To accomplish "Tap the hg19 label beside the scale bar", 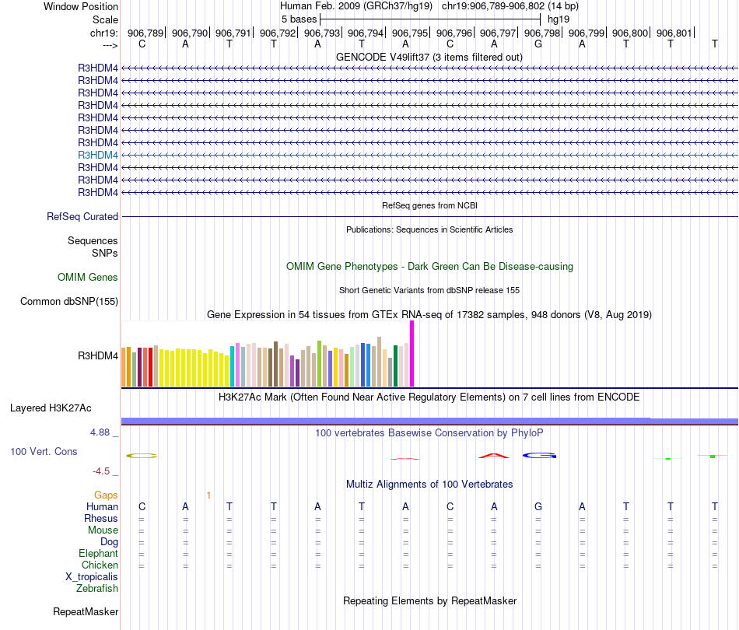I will click(x=559, y=18).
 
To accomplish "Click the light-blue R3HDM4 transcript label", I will click(x=98, y=155).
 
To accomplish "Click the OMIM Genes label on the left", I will click(x=88, y=277).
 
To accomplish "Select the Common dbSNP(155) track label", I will click(x=69, y=302).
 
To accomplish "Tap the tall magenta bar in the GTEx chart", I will click(x=412, y=353).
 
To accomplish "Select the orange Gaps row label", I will click(x=106, y=495).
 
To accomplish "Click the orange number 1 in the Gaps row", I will click(x=208, y=495).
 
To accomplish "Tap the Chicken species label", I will click(x=100, y=565).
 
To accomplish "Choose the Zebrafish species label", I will click(x=97, y=589).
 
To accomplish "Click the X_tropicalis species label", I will click(x=92, y=577).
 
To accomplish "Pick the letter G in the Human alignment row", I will click(x=538, y=507).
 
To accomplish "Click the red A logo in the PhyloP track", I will click(x=493, y=455).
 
